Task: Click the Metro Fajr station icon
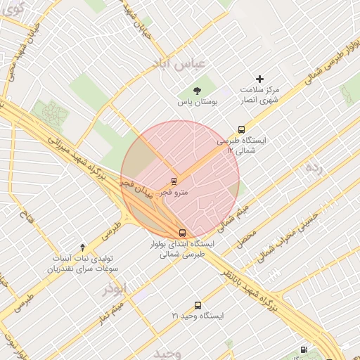tap(174, 181)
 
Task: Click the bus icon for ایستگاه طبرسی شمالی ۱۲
tap(241, 129)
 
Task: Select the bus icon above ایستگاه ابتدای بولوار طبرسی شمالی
tap(182, 233)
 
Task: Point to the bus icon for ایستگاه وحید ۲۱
tap(197, 305)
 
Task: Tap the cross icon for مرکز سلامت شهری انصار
tap(259, 79)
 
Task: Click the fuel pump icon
tap(303, 349)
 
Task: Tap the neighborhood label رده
tap(314, 167)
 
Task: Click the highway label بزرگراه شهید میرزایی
tap(77, 157)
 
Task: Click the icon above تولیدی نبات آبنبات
tap(83, 247)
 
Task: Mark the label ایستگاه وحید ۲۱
tap(198, 316)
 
